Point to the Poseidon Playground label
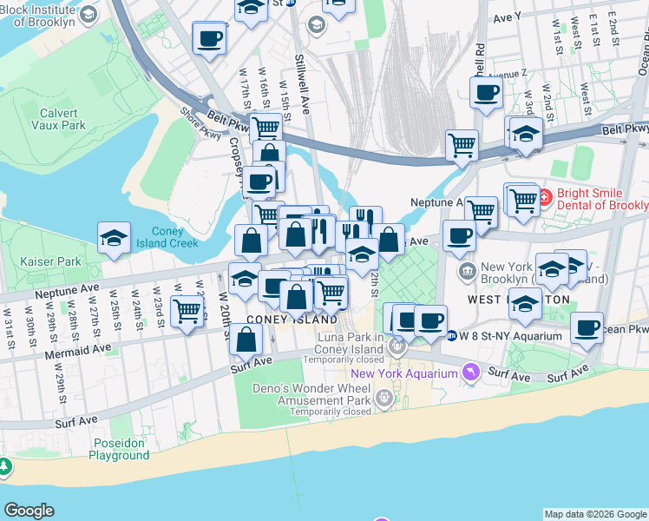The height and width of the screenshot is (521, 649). [120, 449]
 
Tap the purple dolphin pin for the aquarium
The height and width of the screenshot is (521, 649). [470, 373]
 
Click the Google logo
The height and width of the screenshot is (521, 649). [29, 511]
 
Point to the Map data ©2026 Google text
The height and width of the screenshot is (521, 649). [595, 514]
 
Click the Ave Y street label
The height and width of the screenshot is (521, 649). [506, 16]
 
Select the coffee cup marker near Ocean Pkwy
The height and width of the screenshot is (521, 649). [587, 327]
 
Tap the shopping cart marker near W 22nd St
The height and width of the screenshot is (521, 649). [187, 311]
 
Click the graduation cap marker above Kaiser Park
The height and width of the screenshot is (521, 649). [114, 238]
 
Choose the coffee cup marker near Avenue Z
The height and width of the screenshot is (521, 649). [486, 92]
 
